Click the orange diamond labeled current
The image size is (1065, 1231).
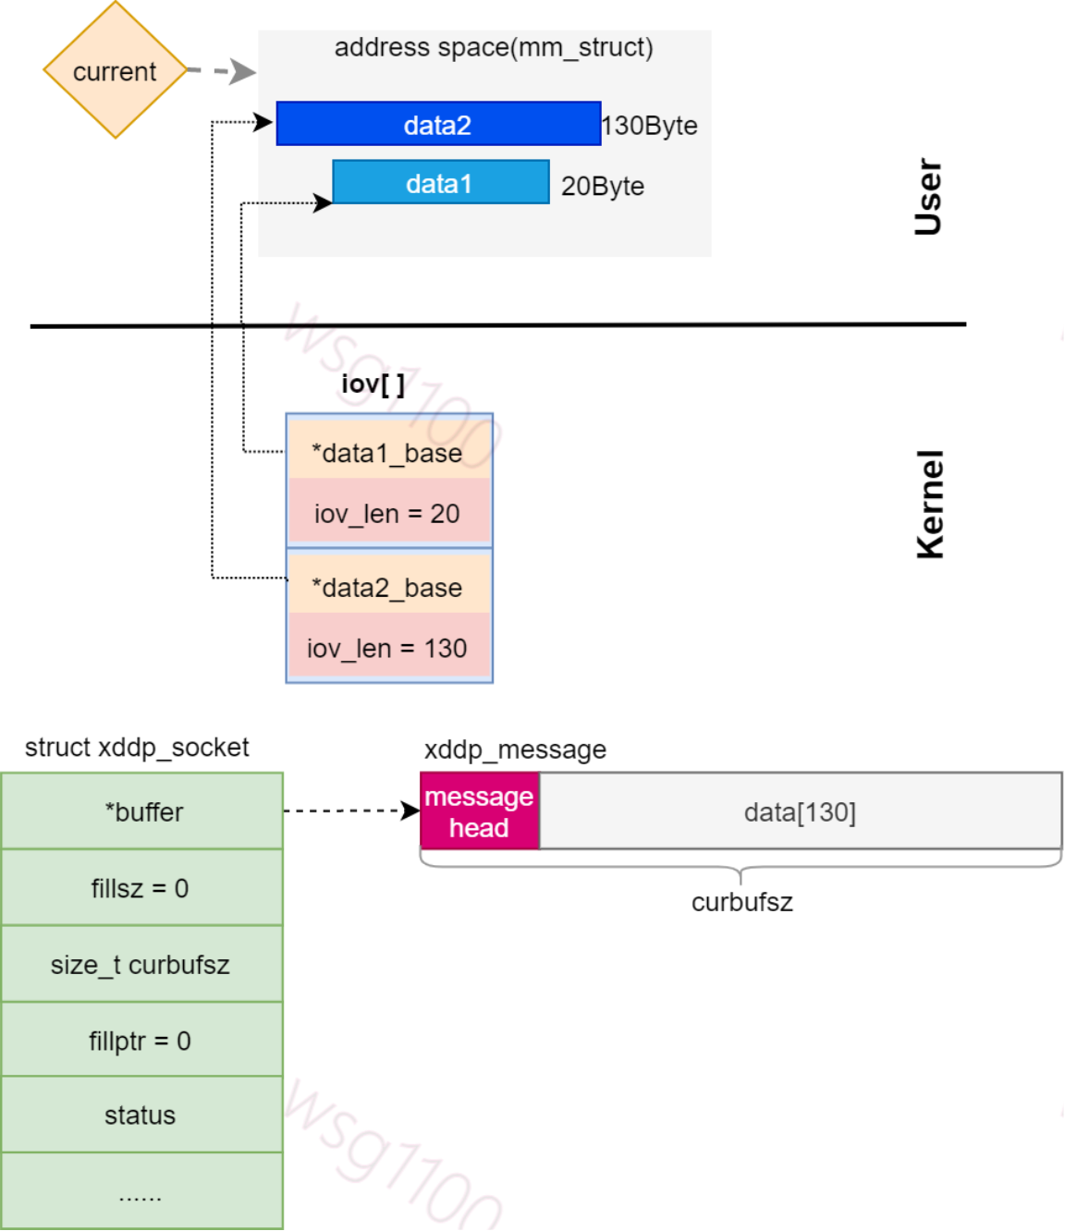click(x=115, y=71)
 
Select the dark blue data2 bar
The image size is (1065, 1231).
click(x=438, y=124)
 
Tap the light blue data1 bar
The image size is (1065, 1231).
click(x=440, y=183)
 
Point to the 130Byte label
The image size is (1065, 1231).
click(x=650, y=126)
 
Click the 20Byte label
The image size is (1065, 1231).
click(x=603, y=186)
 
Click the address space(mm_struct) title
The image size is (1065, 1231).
click(x=493, y=47)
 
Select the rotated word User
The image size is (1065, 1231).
click(x=927, y=197)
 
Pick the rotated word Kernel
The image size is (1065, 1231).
click(x=930, y=505)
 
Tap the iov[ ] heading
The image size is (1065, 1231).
click(x=373, y=384)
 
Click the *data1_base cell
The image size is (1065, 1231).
click(x=388, y=452)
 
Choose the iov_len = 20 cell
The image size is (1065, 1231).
click(x=388, y=513)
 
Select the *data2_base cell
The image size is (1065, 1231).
click(x=388, y=587)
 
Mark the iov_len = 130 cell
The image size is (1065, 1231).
click(x=388, y=648)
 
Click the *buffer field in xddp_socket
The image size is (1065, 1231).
click(x=142, y=811)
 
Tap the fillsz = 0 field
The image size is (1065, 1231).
click(x=141, y=888)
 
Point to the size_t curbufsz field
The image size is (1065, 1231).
click(x=141, y=964)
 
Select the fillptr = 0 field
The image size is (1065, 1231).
click(x=141, y=1041)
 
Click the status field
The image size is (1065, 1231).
click(x=141, y=1115)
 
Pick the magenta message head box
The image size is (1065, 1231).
click(x=479, y=811)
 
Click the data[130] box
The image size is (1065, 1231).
click(x=800, y=811)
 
